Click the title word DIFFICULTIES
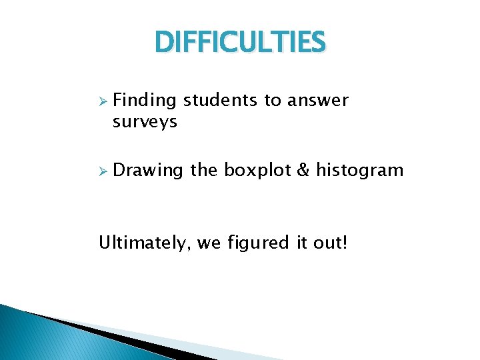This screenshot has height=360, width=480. coord(240,43)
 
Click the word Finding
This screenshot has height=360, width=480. coord(145,101)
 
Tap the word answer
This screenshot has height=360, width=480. coord(317,101)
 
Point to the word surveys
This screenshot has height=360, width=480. coord(145,122)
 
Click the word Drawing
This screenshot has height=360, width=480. coord(147,171)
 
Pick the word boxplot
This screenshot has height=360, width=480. coord(257,171)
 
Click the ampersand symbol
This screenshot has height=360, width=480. coord(303,171)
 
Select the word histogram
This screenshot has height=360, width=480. coord(359,171)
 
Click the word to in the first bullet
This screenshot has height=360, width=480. coord(273,101)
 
